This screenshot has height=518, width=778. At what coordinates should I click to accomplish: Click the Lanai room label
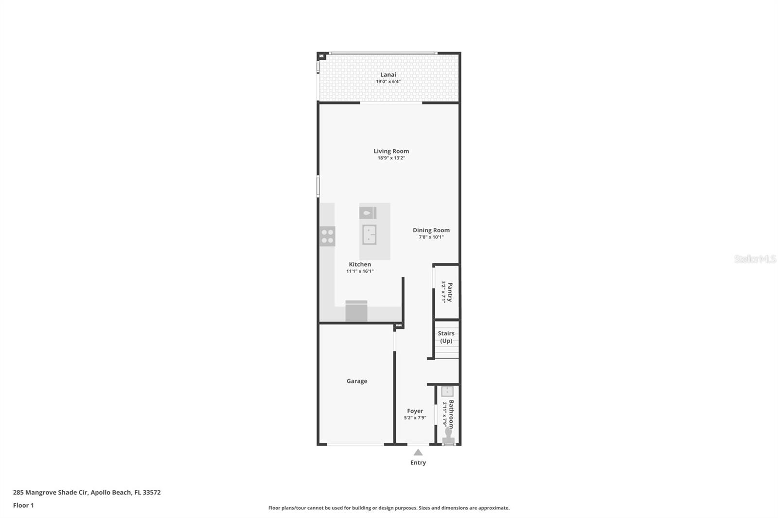click(x=388, y=74)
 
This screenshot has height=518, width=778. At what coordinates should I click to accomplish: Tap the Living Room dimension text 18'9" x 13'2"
click(x=391, y=158)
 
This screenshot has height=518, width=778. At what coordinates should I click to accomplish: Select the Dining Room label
click(x=431, y=230)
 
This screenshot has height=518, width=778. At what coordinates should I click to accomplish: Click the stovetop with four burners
click(x=327, y=236)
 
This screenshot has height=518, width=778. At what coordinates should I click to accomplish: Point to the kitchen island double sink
click(x=369, y=234)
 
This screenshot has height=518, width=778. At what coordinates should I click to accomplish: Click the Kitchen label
click(x=359, y=264)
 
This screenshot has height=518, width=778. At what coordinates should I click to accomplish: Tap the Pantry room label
click(x=450, y=292)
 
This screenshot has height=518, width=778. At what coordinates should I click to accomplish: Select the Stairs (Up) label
click(x=446, y=337)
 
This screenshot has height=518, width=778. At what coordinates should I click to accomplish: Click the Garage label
click(x=356, y=381)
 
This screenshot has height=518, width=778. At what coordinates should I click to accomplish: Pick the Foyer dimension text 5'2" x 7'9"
click(x=415, y=418)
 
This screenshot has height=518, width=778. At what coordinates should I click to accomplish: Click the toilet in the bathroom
click(x=448, y=434)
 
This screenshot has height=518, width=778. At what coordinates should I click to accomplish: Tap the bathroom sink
click(x=447, y=392)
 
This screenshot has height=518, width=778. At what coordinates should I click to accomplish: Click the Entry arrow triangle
click(x=418, y=452)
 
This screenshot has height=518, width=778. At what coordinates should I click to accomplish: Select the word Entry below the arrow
click(x=418, y=463)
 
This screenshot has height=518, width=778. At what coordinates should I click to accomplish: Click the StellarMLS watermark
click(x=755, y=259)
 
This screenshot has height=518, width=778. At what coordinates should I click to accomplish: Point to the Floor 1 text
click(x=23, y=505)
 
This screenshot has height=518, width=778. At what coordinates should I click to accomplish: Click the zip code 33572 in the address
click(x=152, y=492)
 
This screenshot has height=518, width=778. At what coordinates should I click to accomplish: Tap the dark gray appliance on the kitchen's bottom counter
click(x=356, y=311)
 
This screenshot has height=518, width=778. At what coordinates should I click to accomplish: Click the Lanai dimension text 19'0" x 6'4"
click(x=388, y=82)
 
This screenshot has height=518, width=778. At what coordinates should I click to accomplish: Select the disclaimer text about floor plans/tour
click(x=389, y=508)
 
